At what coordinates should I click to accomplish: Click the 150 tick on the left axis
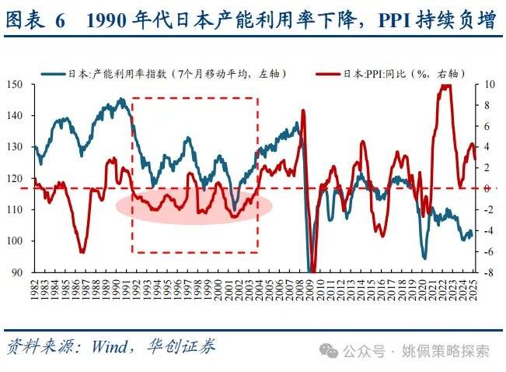(15, 84)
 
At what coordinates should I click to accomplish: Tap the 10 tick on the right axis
(488, 84)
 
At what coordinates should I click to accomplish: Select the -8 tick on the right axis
(487, 273)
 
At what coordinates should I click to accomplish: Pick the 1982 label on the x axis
(35, 292)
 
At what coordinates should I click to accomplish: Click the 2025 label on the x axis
(474, 292)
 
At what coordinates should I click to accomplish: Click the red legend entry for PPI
(389, 73)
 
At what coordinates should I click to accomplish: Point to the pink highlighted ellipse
(194, 205)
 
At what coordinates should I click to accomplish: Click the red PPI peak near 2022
(445, 86)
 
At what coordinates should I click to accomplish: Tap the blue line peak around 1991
(120, 99)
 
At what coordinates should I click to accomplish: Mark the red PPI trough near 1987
(82, 251)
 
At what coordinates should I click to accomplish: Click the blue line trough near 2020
(424, 258)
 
